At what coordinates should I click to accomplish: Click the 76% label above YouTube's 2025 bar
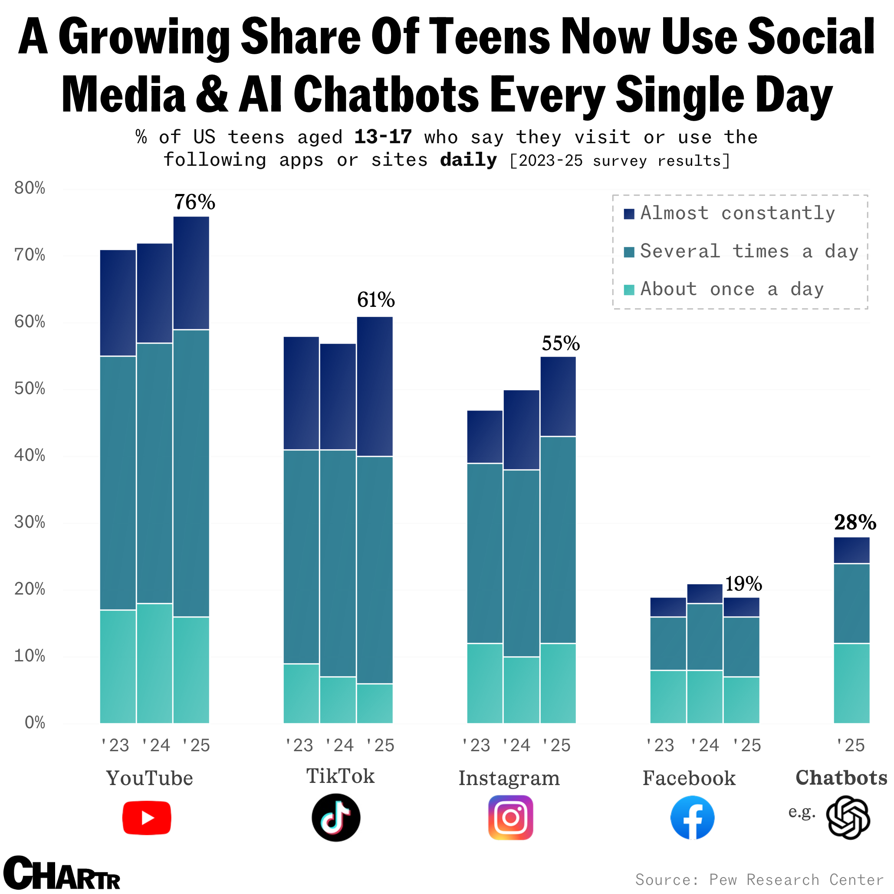click(x=194, y=202)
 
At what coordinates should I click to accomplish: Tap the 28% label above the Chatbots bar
click(x=855, y=523)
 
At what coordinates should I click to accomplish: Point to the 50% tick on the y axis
click(x=30, y=389)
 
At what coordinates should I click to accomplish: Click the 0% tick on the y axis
click(x=34, y=723)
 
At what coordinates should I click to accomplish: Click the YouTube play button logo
click(x=147, y=818)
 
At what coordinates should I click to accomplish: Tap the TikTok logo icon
click(x=336, y=818)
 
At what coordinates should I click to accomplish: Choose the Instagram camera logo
click(x=510, y=818)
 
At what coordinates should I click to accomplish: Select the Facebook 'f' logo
click(x=692, y=818)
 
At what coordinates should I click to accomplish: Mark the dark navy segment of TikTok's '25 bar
click(x=375, y=386)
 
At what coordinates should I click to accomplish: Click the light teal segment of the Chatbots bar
click(x=851, y=683)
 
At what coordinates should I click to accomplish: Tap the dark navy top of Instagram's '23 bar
click(x=484, y=437)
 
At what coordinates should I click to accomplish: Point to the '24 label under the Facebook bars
click(x=704, y=746)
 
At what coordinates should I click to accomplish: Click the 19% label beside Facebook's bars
click(x=743, y=584)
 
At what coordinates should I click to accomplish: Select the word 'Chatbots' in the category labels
click(x=841, y=778)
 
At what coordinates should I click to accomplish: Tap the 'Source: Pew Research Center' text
click(x=759, y=880)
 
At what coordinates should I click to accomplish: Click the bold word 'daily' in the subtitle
click(x=468, y=160)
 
